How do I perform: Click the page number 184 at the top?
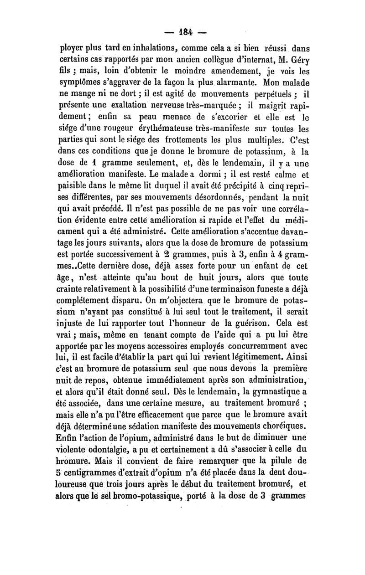(x=182, y=32)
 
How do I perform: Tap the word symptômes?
(x=83, y=84)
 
